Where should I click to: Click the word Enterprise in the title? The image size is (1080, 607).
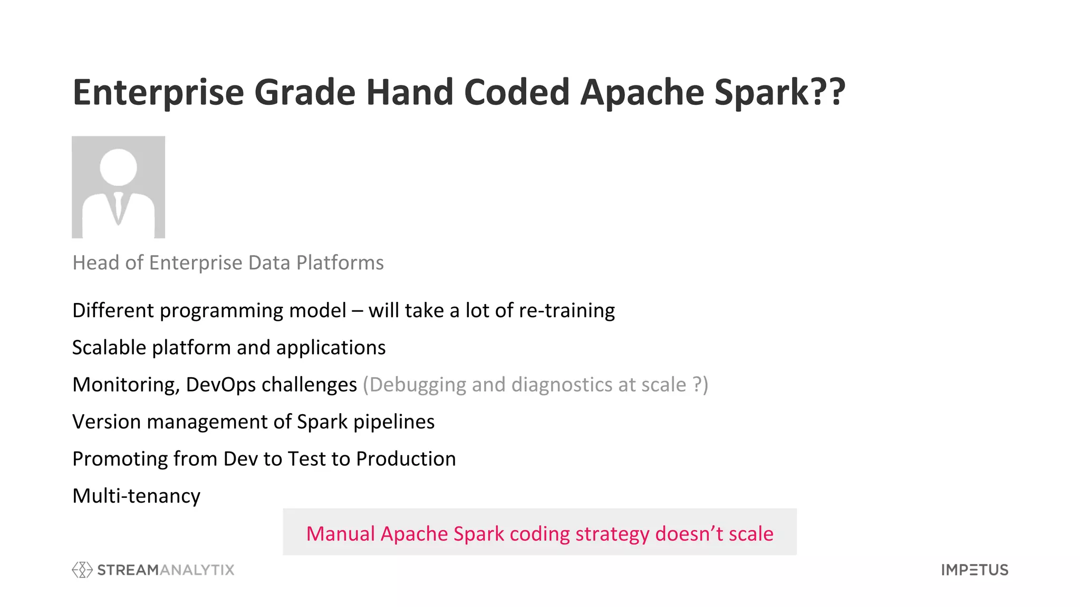pos(158,93)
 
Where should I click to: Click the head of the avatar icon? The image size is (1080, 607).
pos(118,167)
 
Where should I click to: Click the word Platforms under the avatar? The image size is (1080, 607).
pos(340,262)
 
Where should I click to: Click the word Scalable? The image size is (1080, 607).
pos(109,348)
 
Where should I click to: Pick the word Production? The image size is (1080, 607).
pos(406,459)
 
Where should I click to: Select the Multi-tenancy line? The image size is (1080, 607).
pos(136,496)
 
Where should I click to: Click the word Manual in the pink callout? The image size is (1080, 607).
pos(340,534)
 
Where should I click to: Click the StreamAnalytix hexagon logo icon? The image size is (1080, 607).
pos(82,570)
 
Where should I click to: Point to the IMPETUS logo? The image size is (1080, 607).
pos(975,570)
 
